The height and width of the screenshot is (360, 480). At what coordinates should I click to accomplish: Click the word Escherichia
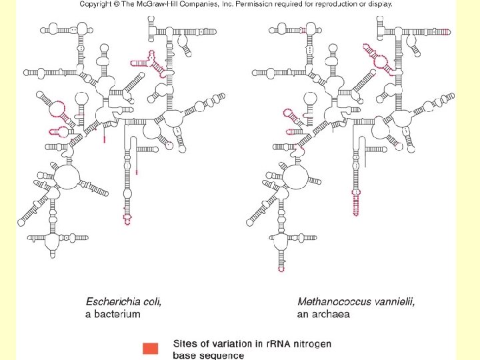click(114, 301)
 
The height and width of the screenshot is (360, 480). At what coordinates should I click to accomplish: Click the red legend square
click(151, 349)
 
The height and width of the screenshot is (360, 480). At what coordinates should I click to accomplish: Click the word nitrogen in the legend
click(311, 344)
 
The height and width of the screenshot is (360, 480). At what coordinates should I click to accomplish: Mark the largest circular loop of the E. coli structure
click(66, 176)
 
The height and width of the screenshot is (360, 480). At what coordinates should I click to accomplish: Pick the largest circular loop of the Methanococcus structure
click(295, 177)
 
